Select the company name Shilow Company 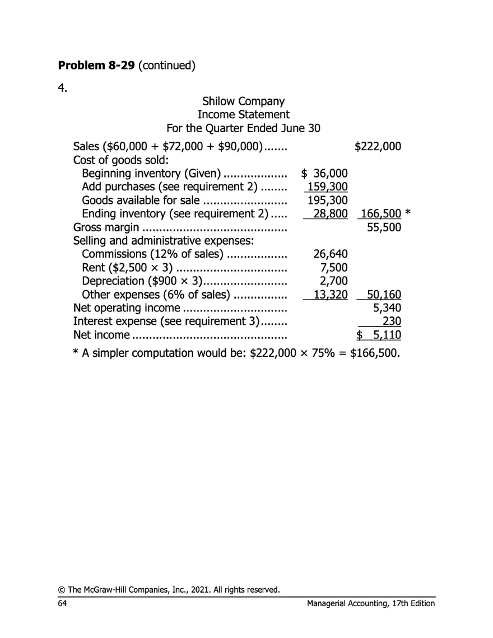(243, 102)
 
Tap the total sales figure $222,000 (378, 147)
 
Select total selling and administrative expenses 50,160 (384, 295)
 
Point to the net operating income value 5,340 (387, 308)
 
